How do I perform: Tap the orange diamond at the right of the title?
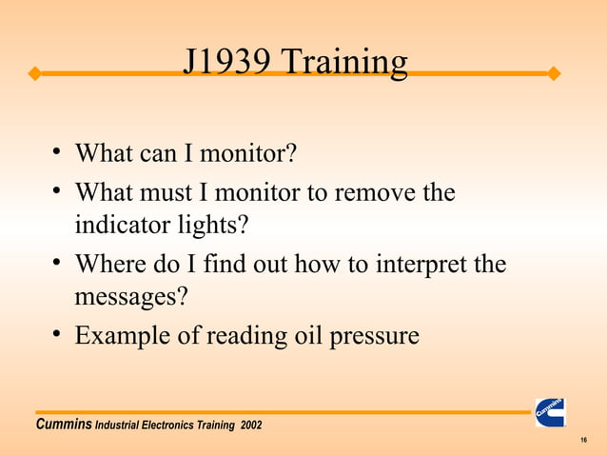555,73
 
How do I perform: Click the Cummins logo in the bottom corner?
550,412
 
